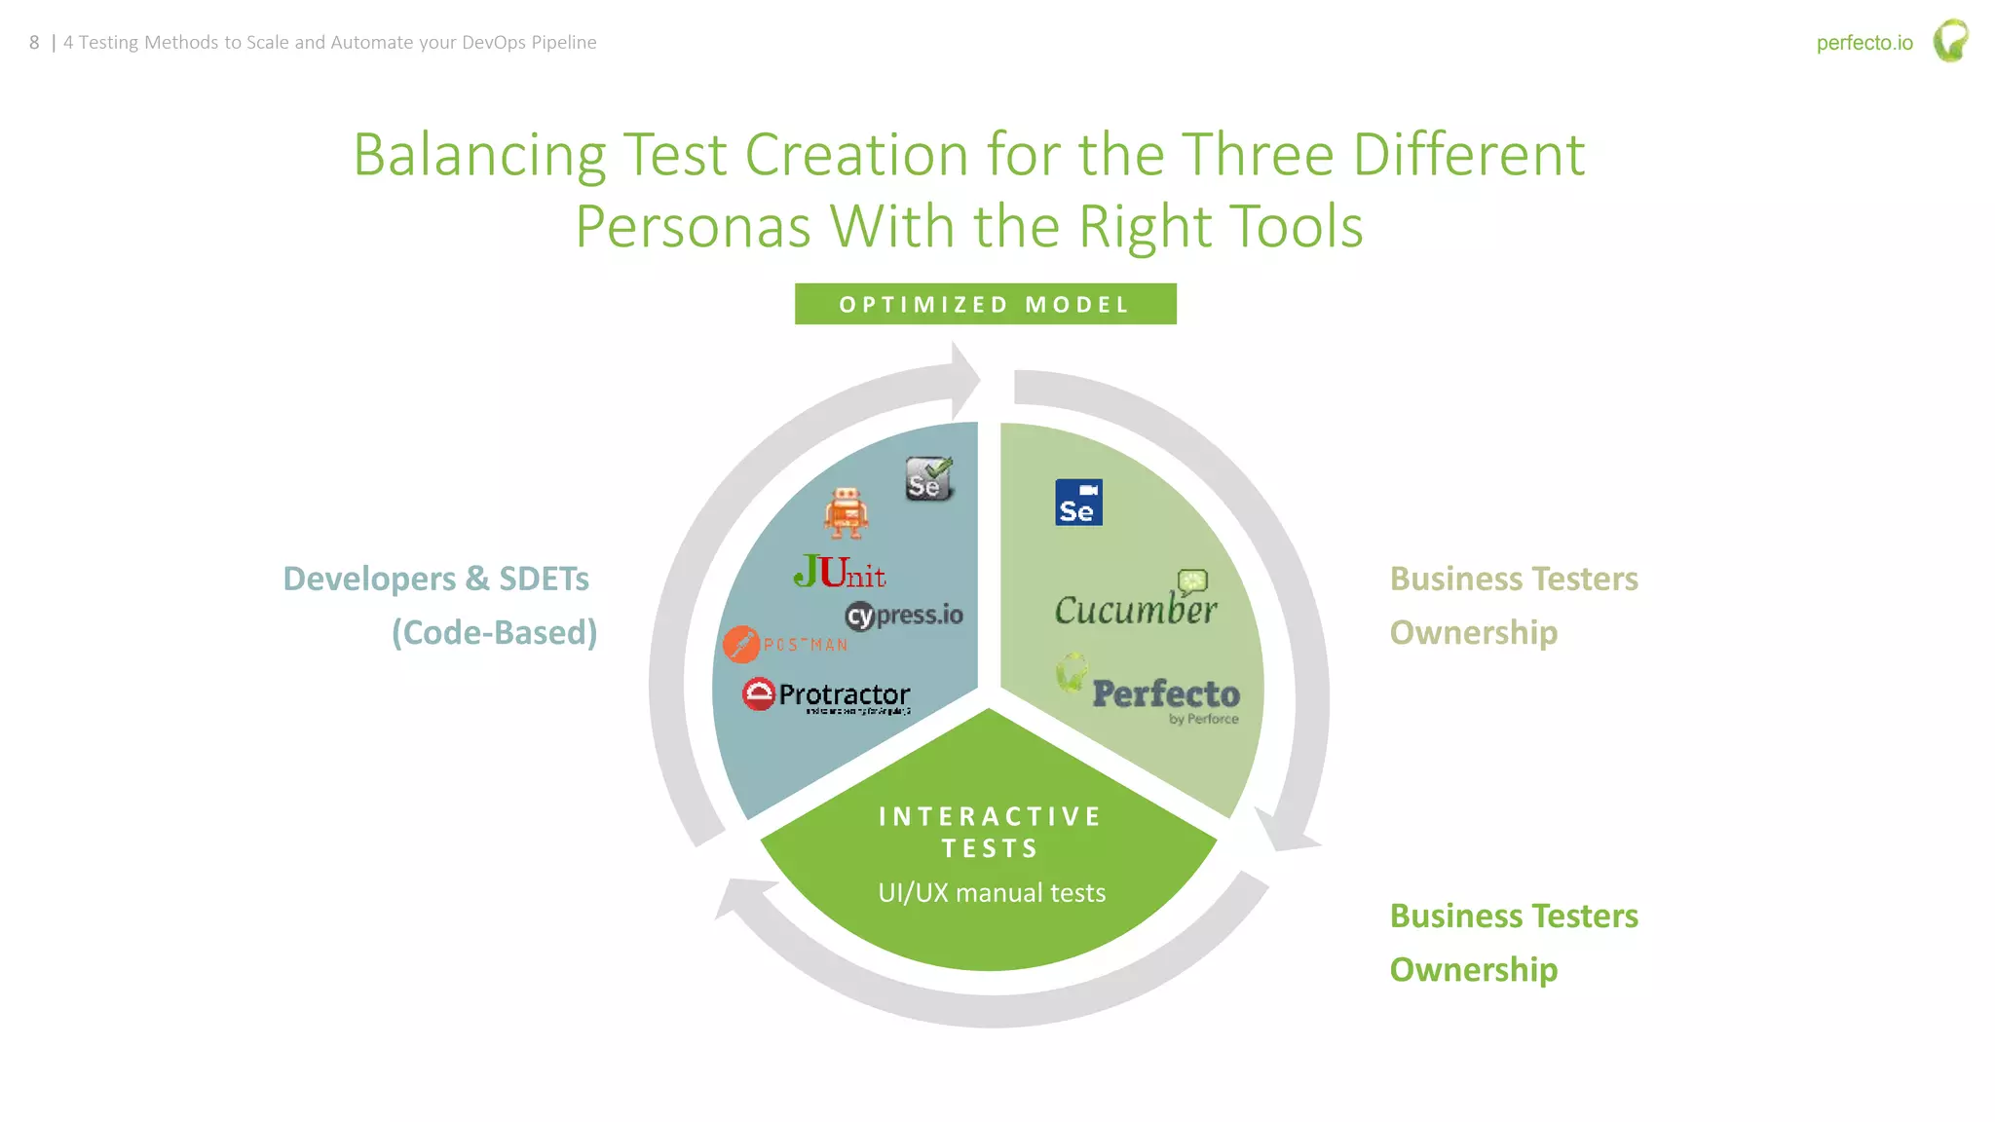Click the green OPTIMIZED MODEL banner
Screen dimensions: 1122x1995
click(985, 304)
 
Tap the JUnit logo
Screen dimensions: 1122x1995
click(840, 573)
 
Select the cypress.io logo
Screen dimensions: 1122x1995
click(904, 616)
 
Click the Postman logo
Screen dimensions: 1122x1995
click(785, 644)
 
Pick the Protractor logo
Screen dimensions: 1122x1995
click(827, 694)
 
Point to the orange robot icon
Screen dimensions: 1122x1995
click(846, 512)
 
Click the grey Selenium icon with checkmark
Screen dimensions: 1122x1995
click(927, 479)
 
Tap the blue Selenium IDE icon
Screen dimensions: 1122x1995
click(1078, 503)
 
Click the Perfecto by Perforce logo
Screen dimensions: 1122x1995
click(1149, 691)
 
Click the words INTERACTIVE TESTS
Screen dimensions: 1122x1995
click(990, 832)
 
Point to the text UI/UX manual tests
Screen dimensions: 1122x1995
click(992, 893)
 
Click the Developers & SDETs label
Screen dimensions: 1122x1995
click(435, 579)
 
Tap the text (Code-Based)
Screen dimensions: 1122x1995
click(494, 633)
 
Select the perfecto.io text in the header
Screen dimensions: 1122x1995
click(1863, 43)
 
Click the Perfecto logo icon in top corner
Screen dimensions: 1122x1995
click(1950, 41)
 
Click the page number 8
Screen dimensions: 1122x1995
click(34, 43)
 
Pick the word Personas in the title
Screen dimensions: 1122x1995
click(692, 227)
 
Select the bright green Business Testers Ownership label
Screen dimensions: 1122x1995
click(1513, 942)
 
